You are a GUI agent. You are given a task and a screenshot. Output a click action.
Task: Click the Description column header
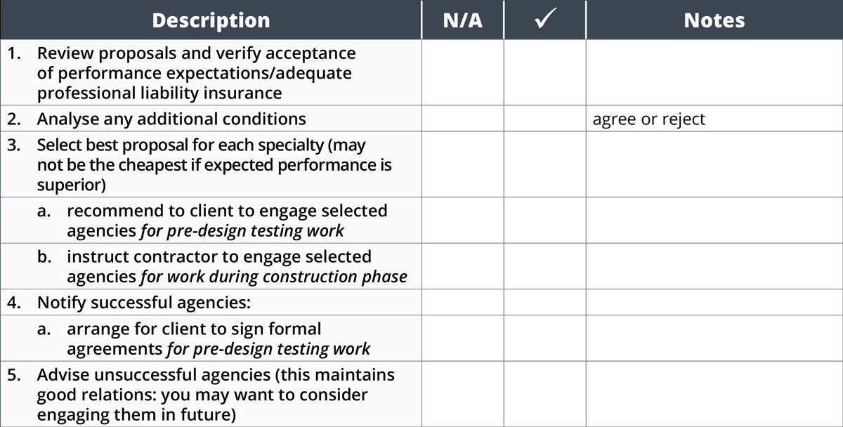click(x=211, y=20)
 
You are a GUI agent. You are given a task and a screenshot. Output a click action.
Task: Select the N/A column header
click(x=462, y=20)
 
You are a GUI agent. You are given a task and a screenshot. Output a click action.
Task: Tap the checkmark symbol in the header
click(x=545, y=18)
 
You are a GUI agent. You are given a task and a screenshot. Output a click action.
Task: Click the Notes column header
click(x=714, y=20)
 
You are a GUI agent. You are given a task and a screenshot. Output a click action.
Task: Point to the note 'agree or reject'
click(x=649, y=119)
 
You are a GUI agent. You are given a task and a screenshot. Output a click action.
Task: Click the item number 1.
click(x=14, y=53)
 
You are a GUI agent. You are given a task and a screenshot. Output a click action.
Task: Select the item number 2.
click(x=14, y=119)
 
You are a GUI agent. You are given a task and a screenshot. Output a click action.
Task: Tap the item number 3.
click(x=14, y=145)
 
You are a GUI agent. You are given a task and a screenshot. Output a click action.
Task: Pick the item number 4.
click(x=14, y=303)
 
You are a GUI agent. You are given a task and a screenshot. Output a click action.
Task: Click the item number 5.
click(x=14, y=375)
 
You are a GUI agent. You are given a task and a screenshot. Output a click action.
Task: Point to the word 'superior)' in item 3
click(x=71, y=185)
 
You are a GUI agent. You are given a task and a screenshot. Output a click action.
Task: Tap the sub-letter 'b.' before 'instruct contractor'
click(x=44, y=257)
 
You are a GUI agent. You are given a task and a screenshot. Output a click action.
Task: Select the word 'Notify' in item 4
click(x=62, y=303)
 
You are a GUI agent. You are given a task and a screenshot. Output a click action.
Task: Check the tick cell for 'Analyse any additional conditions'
click(x=545, y=119)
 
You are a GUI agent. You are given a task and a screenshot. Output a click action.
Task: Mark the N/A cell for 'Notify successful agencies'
click(x=462, y=302)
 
